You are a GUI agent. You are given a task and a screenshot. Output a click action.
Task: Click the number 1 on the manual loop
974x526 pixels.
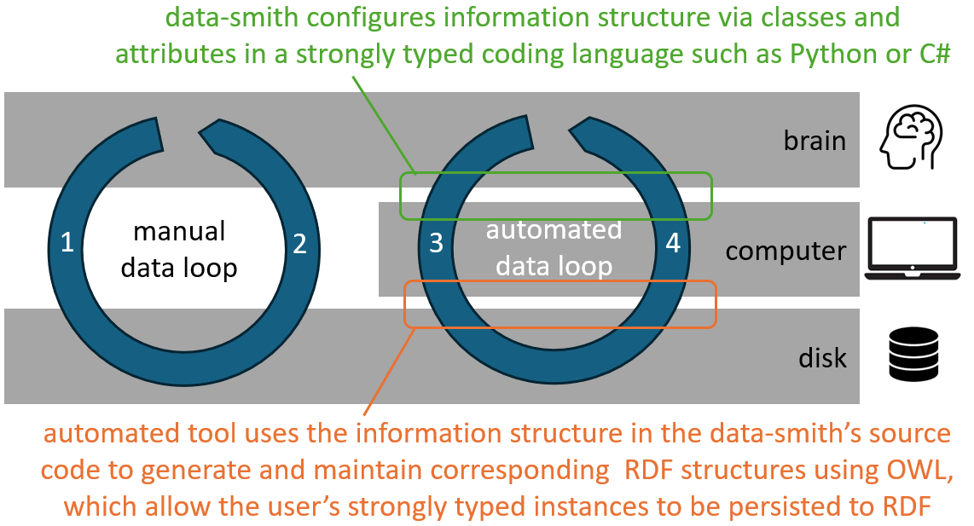(x=68, y=245)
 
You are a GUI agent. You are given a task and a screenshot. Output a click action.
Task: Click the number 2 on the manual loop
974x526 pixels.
(x=299, y=245)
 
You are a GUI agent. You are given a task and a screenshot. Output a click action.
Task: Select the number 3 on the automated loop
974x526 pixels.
(x=436, y=245)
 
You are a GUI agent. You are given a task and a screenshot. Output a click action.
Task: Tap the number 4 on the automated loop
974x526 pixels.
(x=673, y=245)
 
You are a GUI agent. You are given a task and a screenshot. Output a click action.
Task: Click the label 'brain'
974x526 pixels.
(x=815, y=141)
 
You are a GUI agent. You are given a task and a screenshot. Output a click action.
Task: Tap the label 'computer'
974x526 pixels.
(x=786, y=251)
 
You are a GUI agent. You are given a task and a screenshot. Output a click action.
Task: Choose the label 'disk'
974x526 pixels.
(x=823, y=357)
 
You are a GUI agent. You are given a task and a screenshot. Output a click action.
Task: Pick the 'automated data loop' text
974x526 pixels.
(x=554, y=248)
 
